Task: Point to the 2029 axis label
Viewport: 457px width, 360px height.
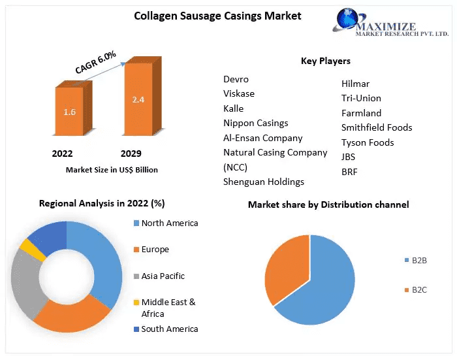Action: click(x=131, y=154)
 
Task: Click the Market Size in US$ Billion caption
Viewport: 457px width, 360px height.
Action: click(x=112, y=170)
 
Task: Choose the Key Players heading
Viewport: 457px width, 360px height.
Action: click(x=325, y=61)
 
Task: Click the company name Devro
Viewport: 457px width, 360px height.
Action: click(x=236, y=79)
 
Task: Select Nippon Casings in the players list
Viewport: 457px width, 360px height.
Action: click(x=255, y=123)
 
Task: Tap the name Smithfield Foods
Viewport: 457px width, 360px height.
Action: click(x=377, y=127)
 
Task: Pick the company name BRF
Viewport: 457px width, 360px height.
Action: click(x=349, y=172)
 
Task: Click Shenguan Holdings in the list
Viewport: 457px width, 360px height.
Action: click(x=264, y=182)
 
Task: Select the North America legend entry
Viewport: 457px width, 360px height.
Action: click(x=169, y=223)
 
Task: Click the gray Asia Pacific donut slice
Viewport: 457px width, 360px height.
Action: click(x=27, y=280)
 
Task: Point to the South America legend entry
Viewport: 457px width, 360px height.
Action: click(x=169, y=329)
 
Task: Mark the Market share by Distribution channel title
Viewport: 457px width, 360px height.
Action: click(x=328, y=205)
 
